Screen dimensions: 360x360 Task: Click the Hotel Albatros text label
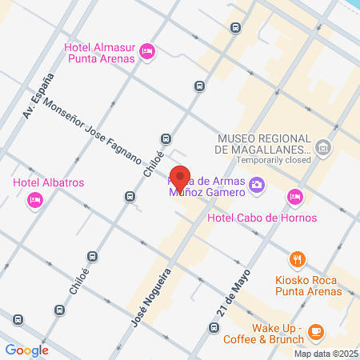pos(49,182)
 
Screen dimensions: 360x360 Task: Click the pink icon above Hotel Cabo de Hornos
pos(295,196)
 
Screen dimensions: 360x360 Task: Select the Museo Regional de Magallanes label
pos(262,142)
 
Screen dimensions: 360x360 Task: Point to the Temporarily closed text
pos(262,160)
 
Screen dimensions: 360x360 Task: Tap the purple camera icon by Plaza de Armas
pos(257,186)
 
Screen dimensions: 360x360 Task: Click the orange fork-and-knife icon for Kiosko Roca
pos(297,258)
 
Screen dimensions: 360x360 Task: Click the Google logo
pos(26,350)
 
